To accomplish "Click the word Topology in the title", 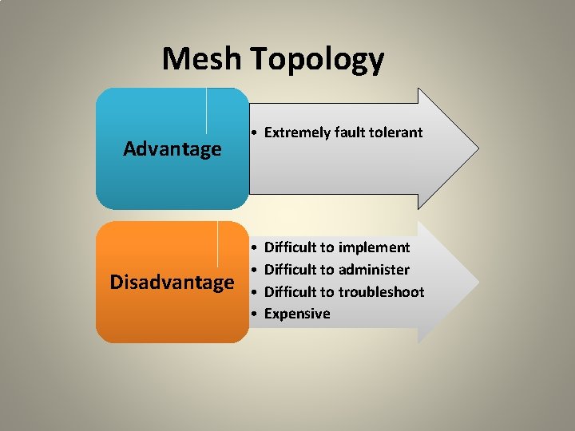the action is (x=317, y=60).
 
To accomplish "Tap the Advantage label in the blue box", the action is (x=172, y=149).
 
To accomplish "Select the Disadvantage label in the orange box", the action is (x=172, y=283).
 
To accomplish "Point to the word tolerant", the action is (x=395, y=132).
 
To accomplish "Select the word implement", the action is (x=374, y=248).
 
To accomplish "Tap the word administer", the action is (x=374, y=270).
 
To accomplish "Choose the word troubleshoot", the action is (x=381, y=292).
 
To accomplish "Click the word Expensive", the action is (x=297, y=314).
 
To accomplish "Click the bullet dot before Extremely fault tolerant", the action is (x=252, y=132).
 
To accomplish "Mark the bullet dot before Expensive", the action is (x=252, y=314).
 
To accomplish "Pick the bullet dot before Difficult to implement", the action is (x=252, y=248).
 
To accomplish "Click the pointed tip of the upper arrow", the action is (x=478, y=148).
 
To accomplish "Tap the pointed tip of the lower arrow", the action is (x=478, y=282).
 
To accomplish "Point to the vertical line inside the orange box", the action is (x=218, y=243).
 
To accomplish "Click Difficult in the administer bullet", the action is (x=292, y=270).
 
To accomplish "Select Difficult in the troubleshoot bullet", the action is (x=292, y=292).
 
